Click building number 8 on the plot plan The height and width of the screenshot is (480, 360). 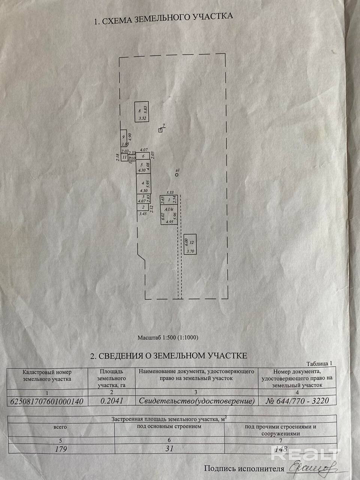point(142,111)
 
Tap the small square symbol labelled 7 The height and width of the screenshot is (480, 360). point(160,130)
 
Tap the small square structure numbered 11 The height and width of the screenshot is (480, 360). point(124,157)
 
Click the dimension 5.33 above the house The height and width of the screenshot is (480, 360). point(170,191)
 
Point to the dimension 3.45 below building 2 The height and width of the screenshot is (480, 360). point(142,214)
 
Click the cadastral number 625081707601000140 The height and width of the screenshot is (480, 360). point(45,401)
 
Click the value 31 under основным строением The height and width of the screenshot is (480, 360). point(169,448)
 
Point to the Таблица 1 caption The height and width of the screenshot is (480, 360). point(319,364)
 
